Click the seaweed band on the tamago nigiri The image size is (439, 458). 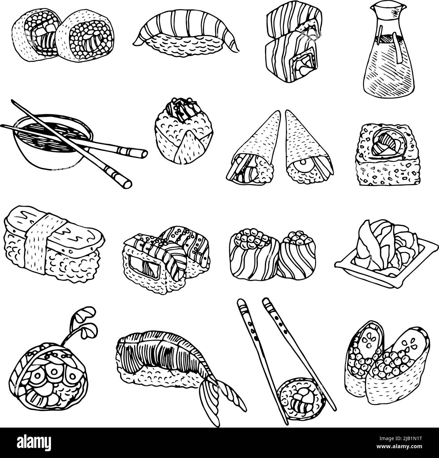click(41, 243)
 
